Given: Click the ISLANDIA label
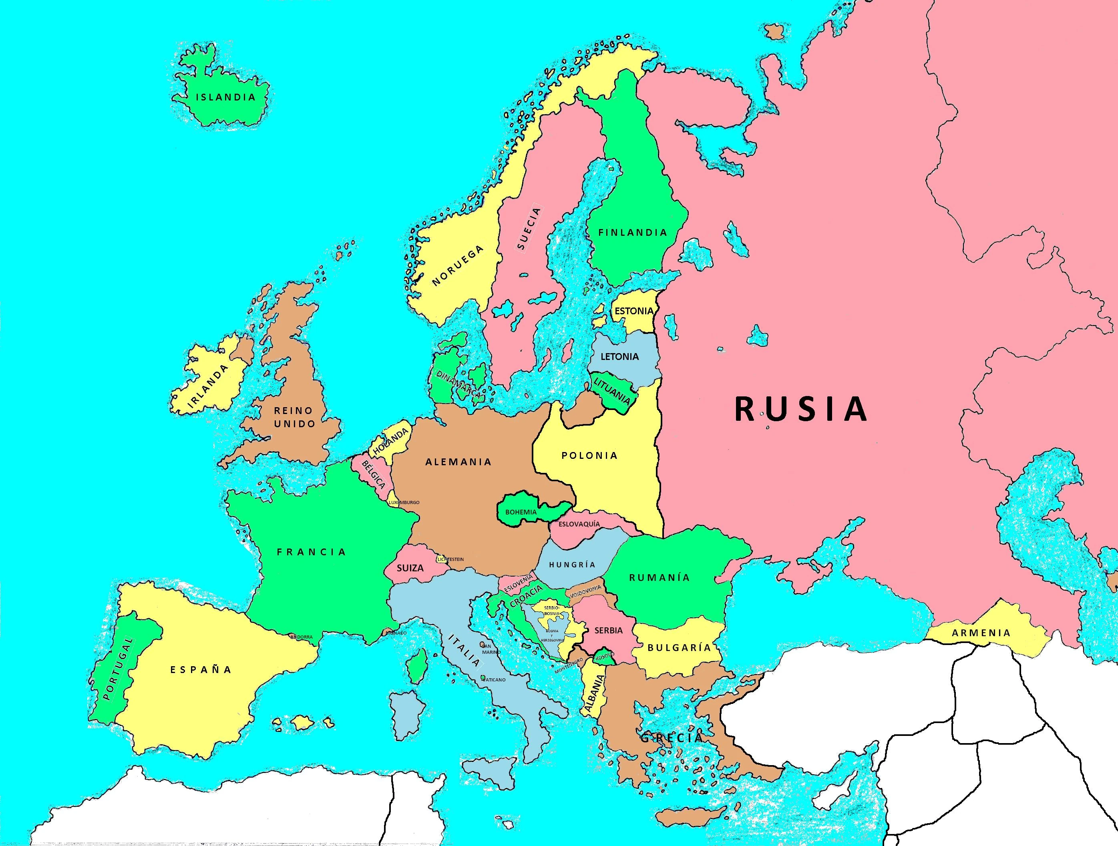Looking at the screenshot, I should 225,97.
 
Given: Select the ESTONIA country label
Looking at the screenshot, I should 634,311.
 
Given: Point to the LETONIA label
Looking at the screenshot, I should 619,356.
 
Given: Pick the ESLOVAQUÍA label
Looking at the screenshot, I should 579,524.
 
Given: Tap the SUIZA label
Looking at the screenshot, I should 410,568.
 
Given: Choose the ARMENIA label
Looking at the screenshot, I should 981,633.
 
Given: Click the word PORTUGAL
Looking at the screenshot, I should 118,669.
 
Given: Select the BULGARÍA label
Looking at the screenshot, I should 679,647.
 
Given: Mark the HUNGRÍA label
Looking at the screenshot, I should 572,565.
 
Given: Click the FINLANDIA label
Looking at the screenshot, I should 633,233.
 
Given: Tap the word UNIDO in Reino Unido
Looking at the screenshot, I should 294,424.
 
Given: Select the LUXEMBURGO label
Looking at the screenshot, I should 404,502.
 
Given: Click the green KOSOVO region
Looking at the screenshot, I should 604,657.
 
